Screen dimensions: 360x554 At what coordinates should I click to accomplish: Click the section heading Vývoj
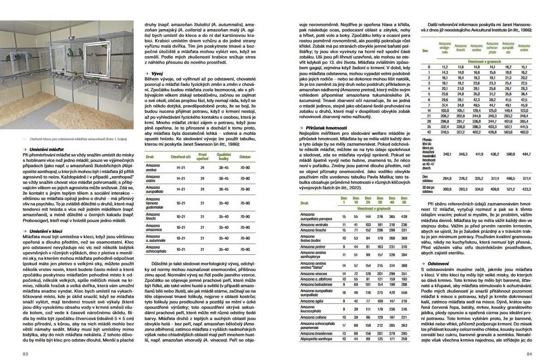pyautogui.click(x=156, y=73)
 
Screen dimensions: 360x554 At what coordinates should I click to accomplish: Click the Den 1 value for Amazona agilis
pyautogui.click(x=344, y=301)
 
